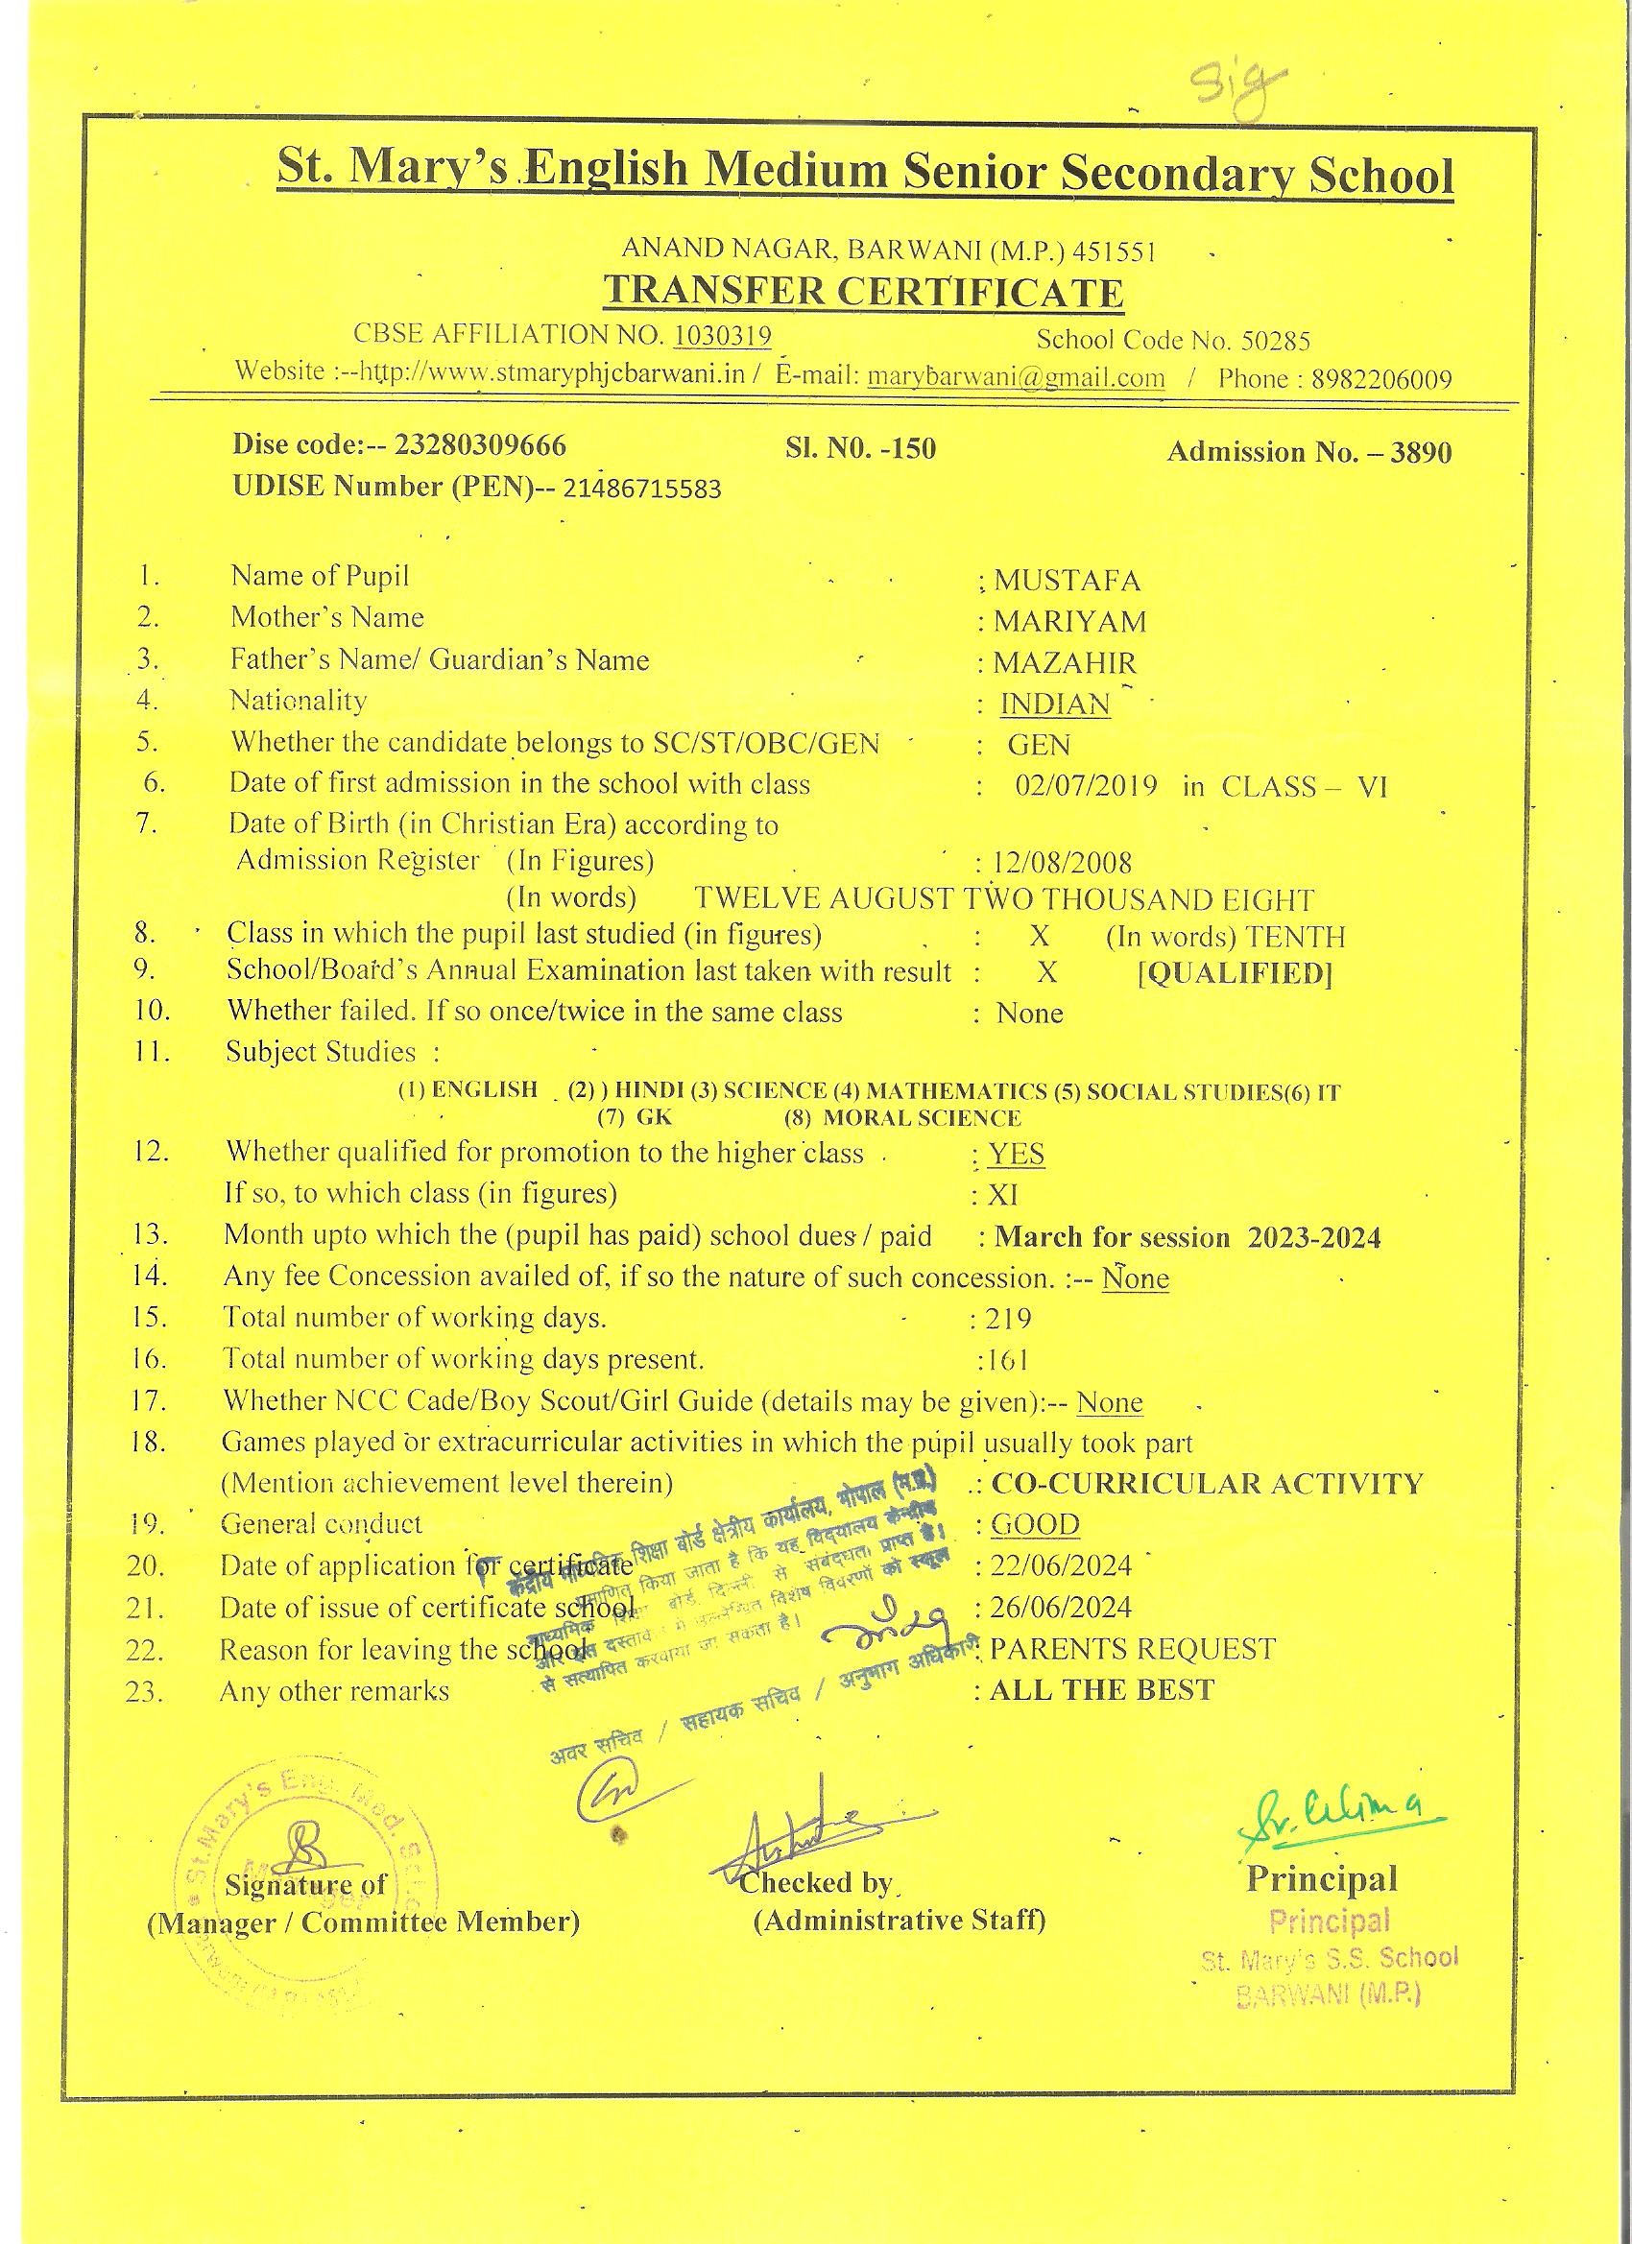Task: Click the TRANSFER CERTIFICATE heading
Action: [863, 291]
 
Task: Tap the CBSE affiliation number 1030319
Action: [722, 336]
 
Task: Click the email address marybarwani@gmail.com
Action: [1016, 378]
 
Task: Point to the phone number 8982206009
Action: [1381, 380]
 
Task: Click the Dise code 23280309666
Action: [480, 445]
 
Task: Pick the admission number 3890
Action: [1421, 452]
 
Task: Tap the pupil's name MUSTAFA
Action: [1067, 580]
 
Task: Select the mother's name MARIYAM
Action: [1069, 621]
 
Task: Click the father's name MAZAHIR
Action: [1065, 663]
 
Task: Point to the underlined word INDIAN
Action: [1055, 704]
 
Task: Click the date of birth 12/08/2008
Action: [1062, 863]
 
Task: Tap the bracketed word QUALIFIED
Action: [1236, 973]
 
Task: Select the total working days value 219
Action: [1006, 1319]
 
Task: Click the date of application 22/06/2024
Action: [1060, 1566]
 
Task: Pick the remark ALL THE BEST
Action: [1101, 1690]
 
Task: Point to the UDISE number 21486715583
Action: [642, 489]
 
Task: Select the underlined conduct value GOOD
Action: [1035, 1525]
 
